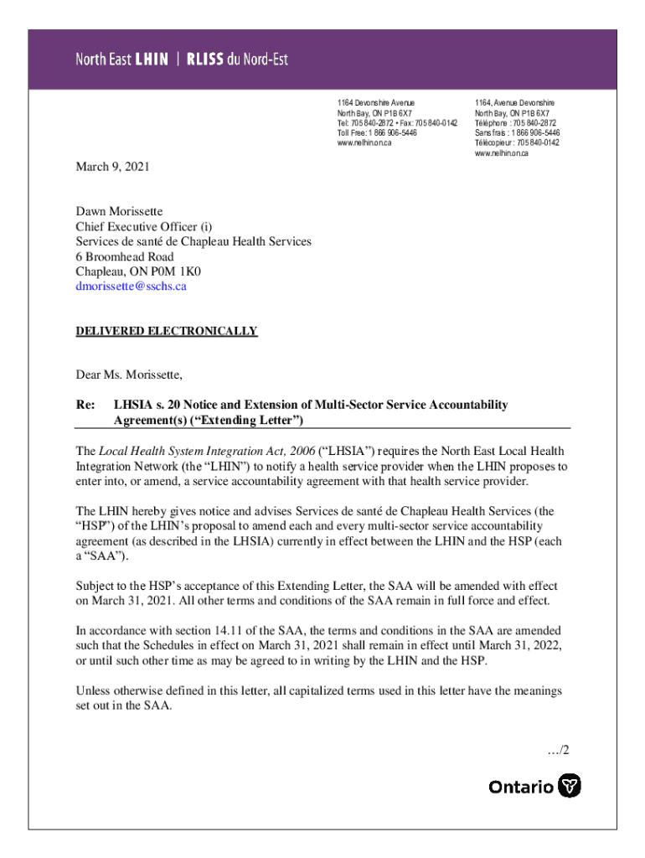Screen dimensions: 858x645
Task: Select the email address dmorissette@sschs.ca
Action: coord(131,287)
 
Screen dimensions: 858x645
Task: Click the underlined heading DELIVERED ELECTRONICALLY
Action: coord(167,332)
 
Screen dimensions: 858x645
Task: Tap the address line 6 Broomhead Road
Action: coord(125,256)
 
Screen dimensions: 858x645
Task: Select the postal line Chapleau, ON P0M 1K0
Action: coord(138,271)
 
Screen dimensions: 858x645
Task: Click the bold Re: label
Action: coord(85,405)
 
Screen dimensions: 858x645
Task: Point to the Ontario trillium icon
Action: coord(570,786)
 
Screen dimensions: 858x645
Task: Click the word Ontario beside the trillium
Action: coord(521,787)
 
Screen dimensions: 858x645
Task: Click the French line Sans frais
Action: coord(517,133)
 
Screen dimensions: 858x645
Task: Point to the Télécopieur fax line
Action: coord(517,143)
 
